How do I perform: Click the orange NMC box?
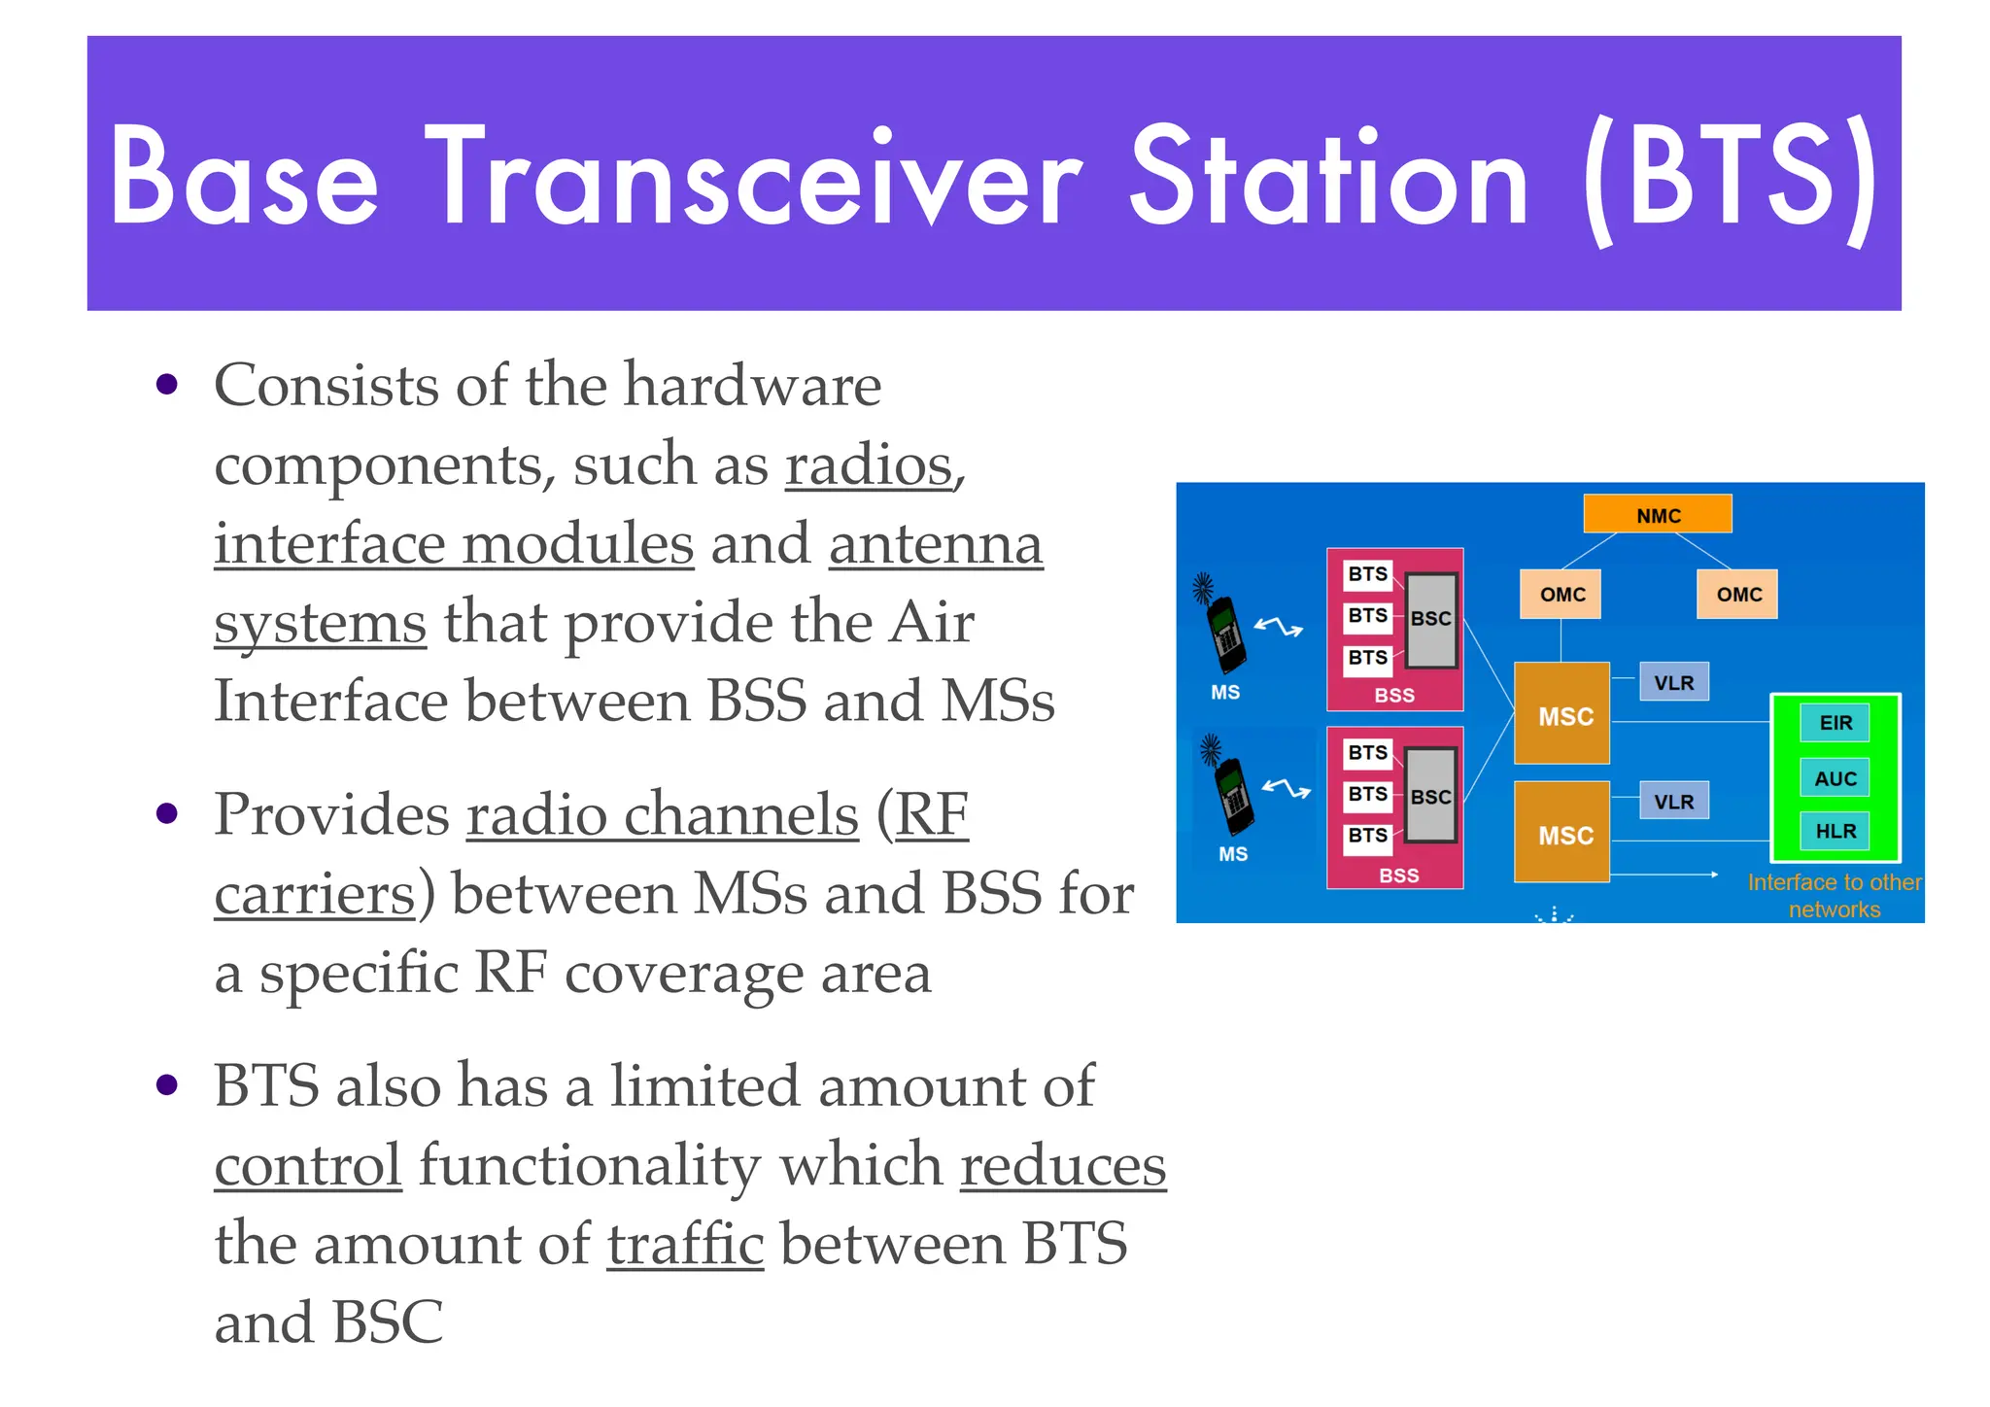click(1657, 514)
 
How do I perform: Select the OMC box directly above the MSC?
click(1561, 594)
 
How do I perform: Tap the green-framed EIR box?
click(1835, 722)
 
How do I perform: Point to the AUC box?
click(1835, 777)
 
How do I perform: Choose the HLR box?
click(1835, 831)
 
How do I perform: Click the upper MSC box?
click(1561, 714)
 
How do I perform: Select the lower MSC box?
click(1561, 833)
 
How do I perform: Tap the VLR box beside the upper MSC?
click(1673, 682)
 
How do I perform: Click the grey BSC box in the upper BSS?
click(1431, 619)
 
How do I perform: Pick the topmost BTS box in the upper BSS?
click(1367, 574)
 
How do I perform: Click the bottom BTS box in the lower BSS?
click(1367, 837)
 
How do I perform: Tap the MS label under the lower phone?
click(1232, 854)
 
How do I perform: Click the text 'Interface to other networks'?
click(1834, 895)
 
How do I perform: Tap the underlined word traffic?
click(685, 1244)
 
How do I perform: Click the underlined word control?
click(308, 1165)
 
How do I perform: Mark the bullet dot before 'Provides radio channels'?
click(167, 813)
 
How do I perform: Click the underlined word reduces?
click(1063, 1165)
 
